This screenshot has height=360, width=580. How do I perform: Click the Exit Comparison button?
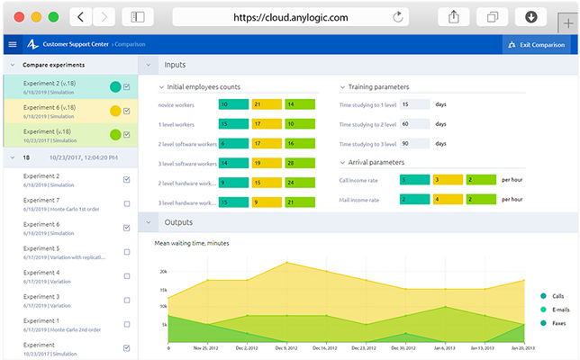[x=537, y=44]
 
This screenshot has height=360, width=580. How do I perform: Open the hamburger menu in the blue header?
[x=12, y=44]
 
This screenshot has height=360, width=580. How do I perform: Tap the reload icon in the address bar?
[x=398, y=17]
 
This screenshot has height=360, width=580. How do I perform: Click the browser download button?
[x=531, y=17]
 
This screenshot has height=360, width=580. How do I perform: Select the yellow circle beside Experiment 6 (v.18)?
[x=115, y=111]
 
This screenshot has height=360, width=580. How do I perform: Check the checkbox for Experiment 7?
[x=127, y=203]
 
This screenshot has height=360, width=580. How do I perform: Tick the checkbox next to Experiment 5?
[x=127, y=252]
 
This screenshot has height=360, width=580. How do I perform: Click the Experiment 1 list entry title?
[x=41, y=320]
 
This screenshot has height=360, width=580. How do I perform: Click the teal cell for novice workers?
[x=233, y=104]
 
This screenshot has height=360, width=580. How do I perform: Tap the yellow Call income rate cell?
[x=448, y=180]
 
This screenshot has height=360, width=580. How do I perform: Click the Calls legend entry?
[x=557, y=295]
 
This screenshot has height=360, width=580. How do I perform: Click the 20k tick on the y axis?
[x=163, y=271]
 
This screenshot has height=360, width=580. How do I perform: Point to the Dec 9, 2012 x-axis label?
[x=285, y=347]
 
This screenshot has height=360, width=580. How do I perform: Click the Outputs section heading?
[x=178, y=222]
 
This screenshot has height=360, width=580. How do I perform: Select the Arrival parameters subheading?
[x=376, y=162]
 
